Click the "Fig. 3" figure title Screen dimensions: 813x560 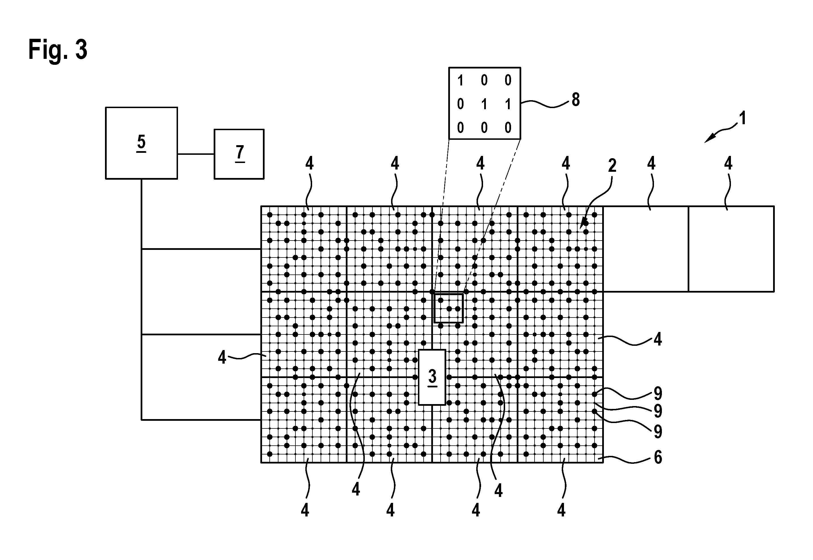point(58,50)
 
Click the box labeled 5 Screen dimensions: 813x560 point(141,143)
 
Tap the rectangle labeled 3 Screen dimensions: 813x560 point(432,377)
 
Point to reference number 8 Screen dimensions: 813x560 point(576,100)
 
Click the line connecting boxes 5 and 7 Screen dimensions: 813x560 point(196,154)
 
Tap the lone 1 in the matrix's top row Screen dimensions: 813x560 point(460,81)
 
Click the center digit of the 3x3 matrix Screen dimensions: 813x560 point(484,104)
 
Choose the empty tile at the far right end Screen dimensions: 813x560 point(731,249)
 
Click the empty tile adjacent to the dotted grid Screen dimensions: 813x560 point(646,249)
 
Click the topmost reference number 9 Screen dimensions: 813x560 point(658,393)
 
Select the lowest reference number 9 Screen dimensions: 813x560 point(658,432)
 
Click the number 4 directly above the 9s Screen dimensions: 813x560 point(658,339)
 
